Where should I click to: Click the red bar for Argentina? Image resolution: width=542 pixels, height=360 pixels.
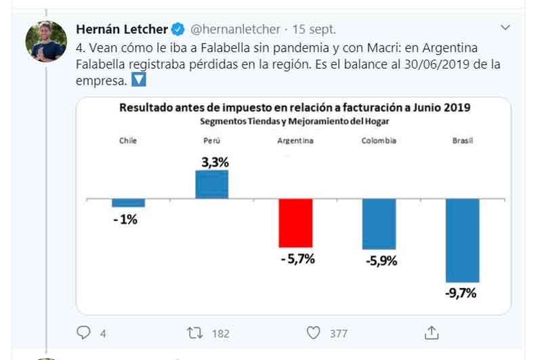coord(295,223)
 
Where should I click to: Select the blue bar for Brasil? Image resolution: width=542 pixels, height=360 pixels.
coord(462,240)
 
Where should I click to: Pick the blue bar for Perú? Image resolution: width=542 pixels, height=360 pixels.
coord(211,184)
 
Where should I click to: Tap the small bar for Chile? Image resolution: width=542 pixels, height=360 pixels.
coord(128,203)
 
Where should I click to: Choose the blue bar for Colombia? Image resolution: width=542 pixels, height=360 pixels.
coord(379,224)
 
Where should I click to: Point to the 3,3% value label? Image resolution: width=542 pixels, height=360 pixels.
coord(215,163)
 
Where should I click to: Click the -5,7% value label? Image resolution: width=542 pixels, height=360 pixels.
coord(297,258)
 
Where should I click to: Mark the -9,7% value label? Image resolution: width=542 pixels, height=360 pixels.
coord(462,293)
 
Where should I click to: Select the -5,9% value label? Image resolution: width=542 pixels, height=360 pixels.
coord(381,260)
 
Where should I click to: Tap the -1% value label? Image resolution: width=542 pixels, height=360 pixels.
coord(125,219)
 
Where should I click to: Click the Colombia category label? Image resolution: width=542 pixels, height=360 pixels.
coord(379,141)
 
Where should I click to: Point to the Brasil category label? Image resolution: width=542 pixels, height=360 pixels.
coord(462,141)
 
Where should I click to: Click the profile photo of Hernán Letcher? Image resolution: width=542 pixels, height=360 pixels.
coord(46,41)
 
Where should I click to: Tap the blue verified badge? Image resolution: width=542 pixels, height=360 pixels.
coord(178,29)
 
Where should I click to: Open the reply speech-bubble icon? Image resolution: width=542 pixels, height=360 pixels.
coord(84,333)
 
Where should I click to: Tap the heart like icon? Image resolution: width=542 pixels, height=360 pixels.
coord(313,333)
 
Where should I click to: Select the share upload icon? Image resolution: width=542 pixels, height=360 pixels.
coord(431,333)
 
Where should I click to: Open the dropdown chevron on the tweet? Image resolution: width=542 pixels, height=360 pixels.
coord(505,28)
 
